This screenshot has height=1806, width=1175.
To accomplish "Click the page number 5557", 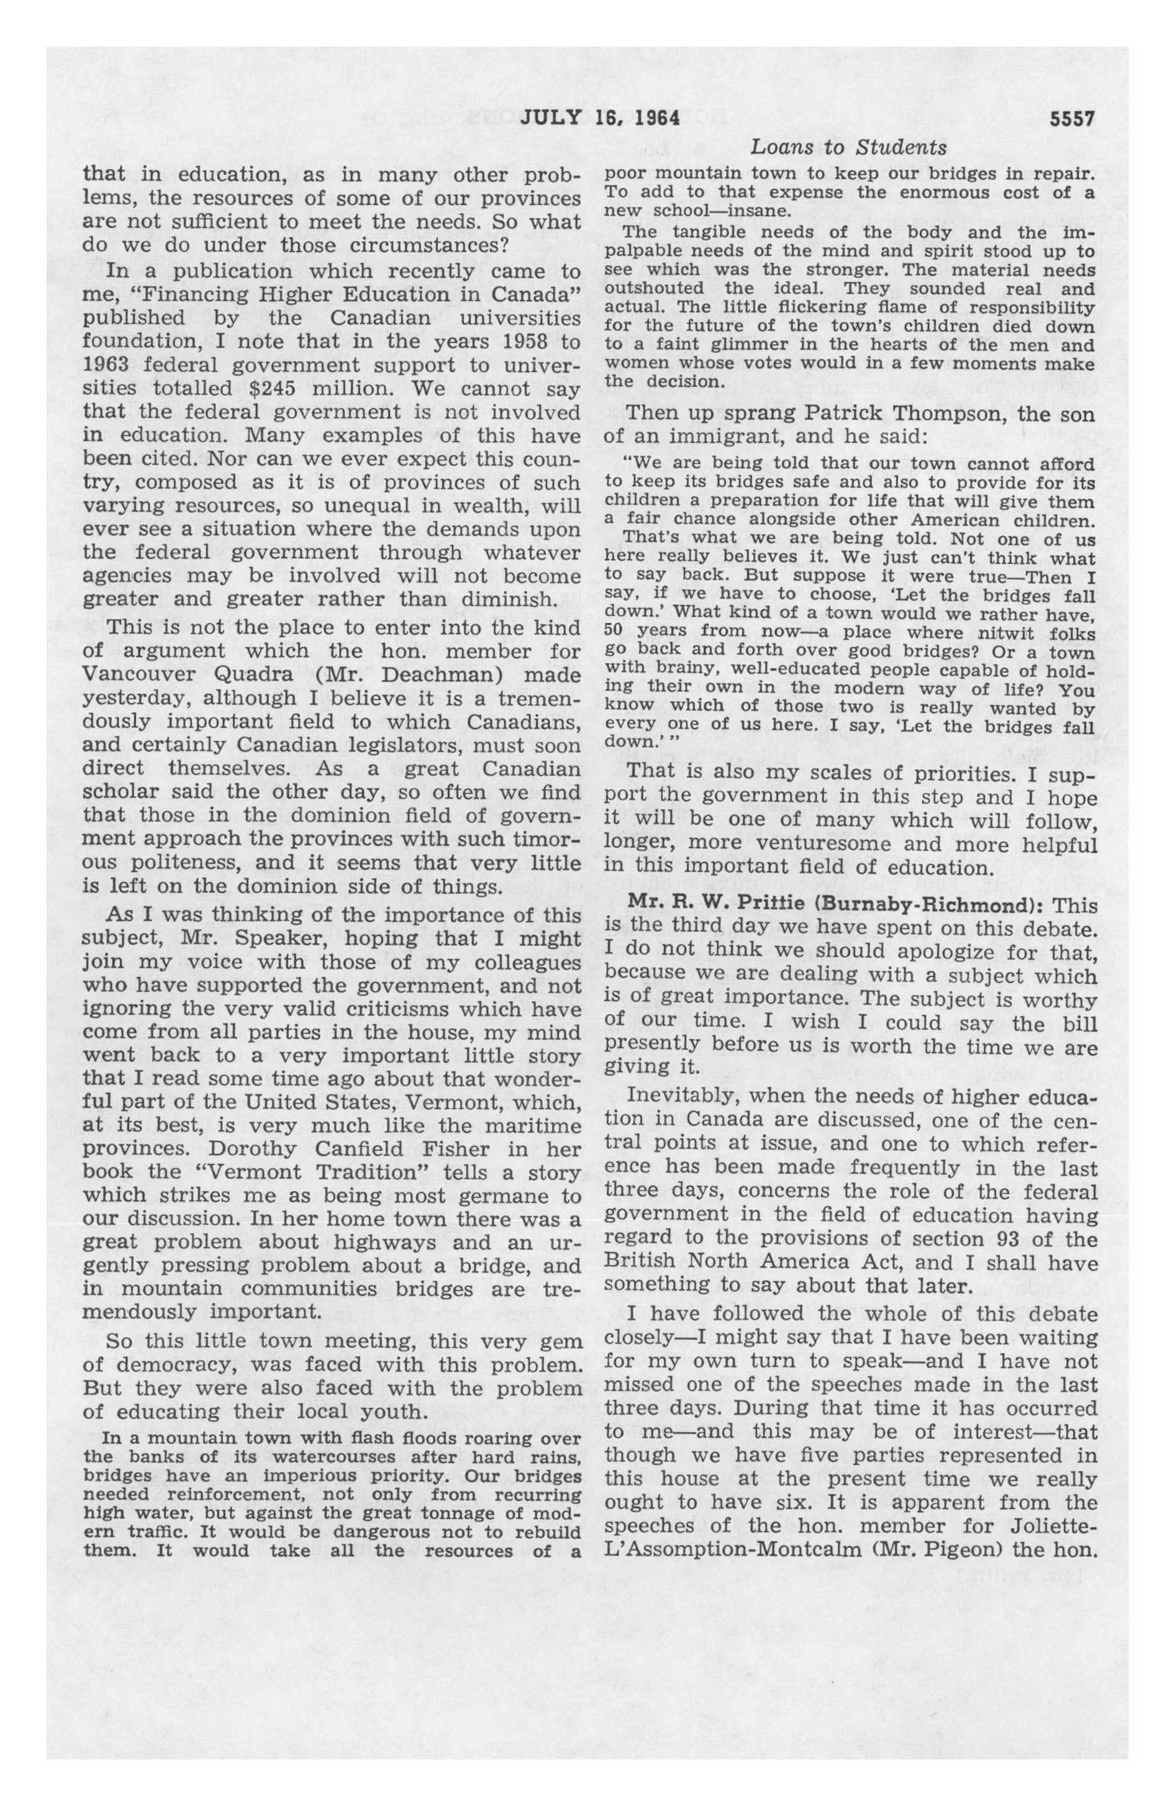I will coord(1073,119).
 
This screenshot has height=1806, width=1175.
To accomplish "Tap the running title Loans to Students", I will coord(848,147).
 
